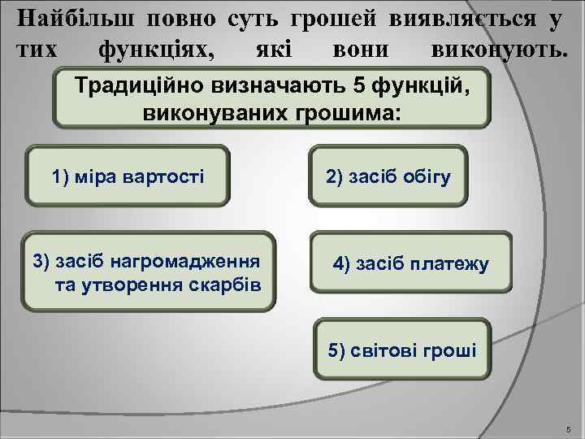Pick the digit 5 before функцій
363,84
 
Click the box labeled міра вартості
128,176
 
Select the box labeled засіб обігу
388,176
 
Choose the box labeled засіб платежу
410,263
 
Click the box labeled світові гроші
403,351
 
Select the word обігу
426,176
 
